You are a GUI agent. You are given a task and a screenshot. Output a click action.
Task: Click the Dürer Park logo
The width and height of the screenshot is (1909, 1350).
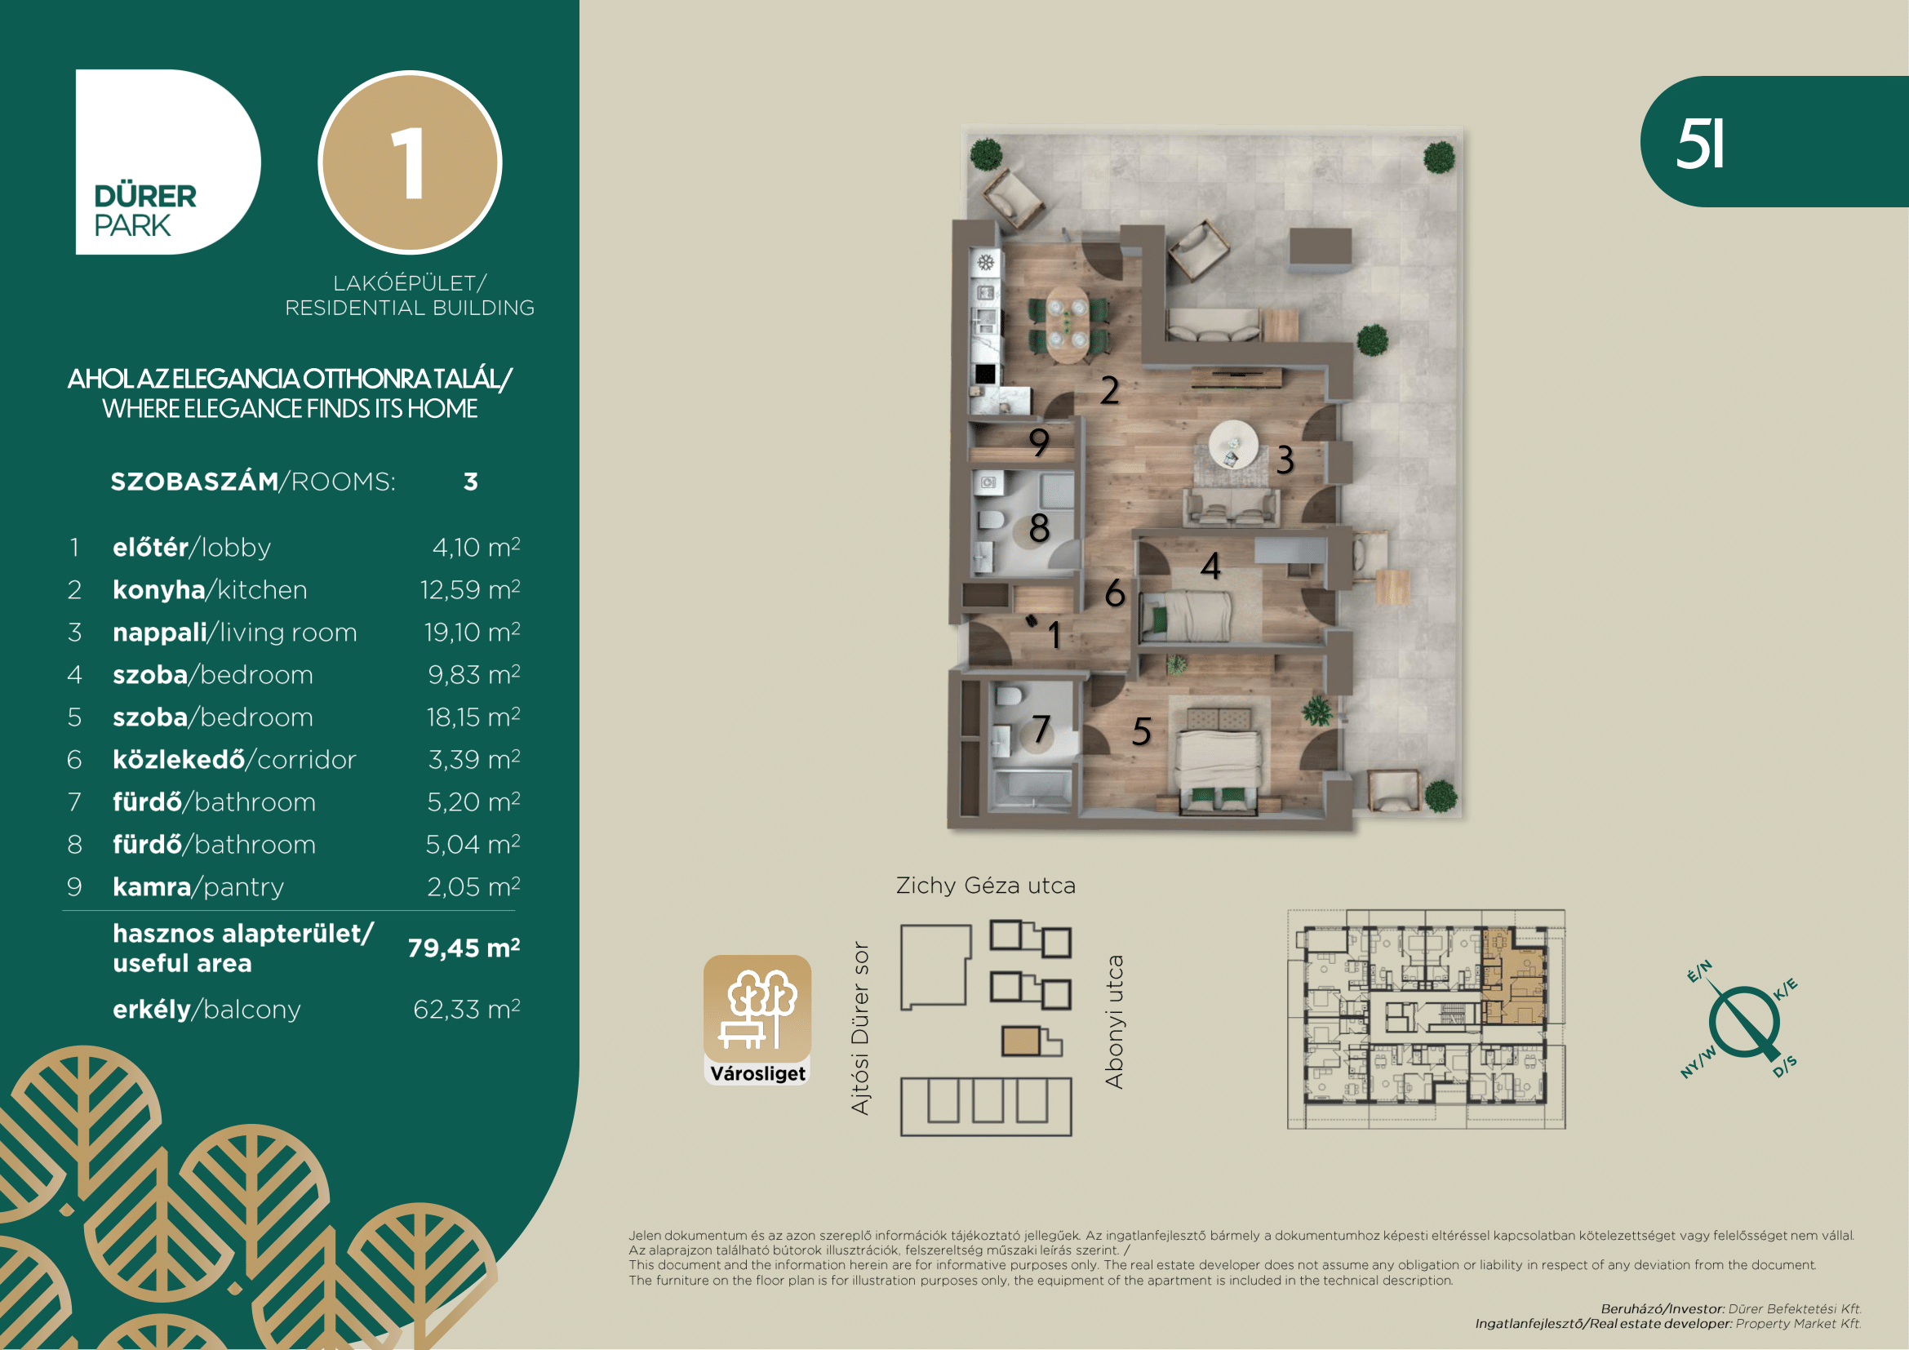coord(168,162)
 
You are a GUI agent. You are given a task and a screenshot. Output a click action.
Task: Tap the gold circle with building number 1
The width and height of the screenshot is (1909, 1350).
coord(410,162)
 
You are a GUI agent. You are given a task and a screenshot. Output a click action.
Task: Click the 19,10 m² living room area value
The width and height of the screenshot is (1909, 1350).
coord(473,632)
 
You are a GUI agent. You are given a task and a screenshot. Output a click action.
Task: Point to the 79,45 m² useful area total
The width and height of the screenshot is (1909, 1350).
coord(464,948)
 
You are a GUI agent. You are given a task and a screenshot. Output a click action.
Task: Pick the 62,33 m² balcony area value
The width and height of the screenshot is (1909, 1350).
coord(467,1009)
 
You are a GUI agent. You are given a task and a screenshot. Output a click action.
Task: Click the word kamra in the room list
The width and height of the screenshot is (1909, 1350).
coord(152,887)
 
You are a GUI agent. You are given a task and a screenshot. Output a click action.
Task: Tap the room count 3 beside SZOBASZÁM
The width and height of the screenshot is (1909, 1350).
coord(471,482)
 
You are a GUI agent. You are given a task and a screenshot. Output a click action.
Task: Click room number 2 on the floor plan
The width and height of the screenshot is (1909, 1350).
coord(1110,391)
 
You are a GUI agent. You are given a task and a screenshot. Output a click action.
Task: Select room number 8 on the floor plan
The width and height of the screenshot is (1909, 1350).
coord(1039,528)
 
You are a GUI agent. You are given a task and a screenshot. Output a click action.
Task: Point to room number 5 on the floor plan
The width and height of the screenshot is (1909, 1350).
coord(1142,731)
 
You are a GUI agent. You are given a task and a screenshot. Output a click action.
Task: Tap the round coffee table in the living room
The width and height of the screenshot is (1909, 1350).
coord(1234,444)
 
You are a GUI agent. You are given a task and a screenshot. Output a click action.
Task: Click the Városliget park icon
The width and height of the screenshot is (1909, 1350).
coord(757,1020)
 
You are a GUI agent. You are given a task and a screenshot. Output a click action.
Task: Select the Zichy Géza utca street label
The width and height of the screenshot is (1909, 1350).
coord(985,886)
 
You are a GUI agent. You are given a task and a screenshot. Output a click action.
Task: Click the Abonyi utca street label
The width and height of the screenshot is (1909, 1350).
coord(1113,1022)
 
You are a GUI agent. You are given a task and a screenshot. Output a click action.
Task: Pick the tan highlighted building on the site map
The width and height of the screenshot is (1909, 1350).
coord(1021,1041)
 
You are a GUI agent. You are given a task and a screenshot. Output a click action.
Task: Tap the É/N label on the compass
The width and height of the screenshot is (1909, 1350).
coord(1699,971)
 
